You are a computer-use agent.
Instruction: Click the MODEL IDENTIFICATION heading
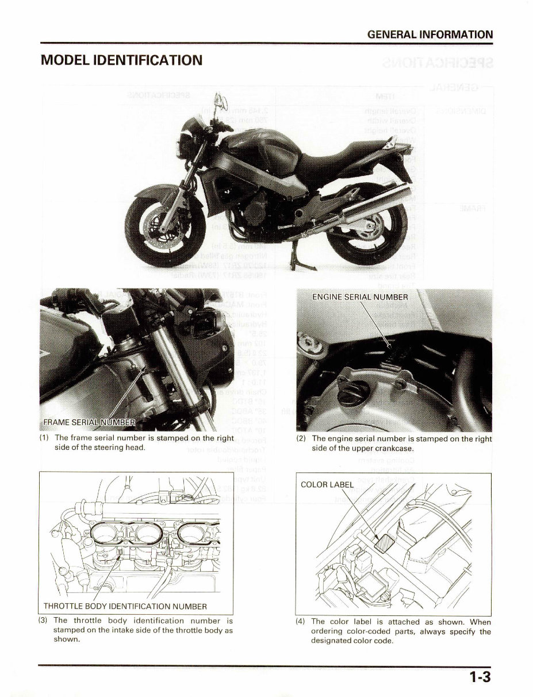[121, 60]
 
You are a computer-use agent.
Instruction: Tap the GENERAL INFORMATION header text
[430, 34]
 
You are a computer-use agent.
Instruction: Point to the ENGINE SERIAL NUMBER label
[360, 297]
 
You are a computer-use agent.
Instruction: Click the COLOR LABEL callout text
[327, 484]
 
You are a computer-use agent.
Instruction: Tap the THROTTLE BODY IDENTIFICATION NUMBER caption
[125, 606]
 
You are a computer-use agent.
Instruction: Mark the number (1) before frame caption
[44, 438]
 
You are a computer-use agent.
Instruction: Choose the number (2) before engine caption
[301, 438]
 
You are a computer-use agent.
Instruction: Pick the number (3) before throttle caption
[43, 621]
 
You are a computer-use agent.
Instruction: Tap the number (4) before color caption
[301, 621]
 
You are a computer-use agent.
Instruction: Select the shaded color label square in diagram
[383, 541]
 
